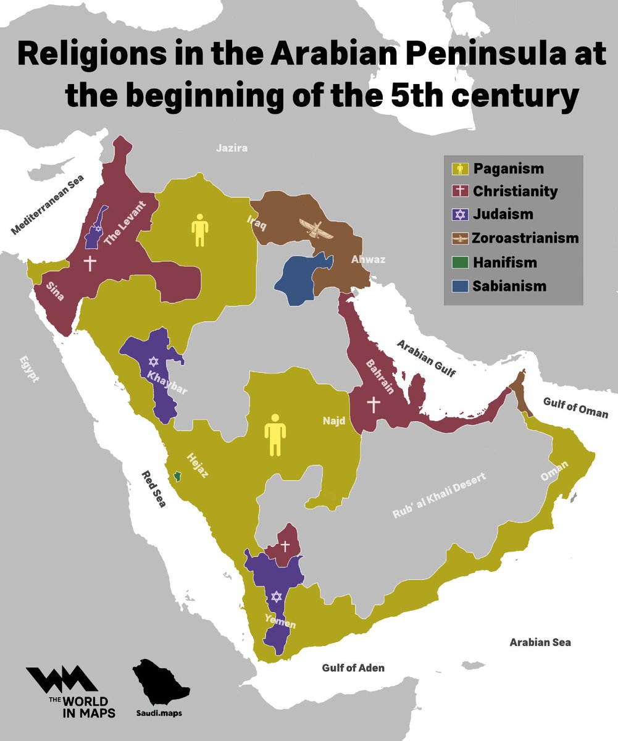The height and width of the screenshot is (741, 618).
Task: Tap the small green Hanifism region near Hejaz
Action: tap(178, 475)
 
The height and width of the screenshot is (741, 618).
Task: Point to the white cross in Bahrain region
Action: tap(372, 404)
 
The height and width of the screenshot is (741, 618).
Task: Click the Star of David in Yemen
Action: tap(276, 597)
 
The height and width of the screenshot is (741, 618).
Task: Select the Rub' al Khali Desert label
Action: tap(440, 496)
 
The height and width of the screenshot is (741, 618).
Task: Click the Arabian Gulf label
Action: tap(426, 358)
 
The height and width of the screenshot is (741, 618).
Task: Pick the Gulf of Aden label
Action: tap(353, 668)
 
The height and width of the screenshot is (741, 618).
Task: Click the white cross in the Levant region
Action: tap(90, 263)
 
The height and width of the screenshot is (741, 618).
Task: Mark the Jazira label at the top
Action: tap(232, 148)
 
